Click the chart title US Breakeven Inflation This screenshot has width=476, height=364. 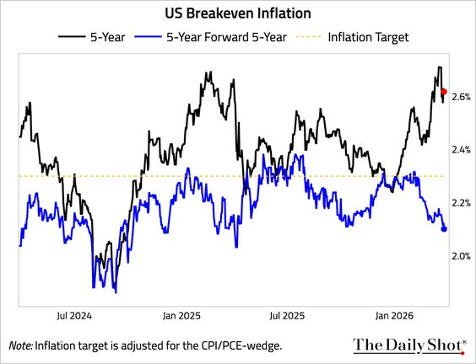[x=238, y=14]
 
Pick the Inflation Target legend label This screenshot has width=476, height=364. [x=368, y=36]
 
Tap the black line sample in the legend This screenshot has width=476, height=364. [x=72, y=36]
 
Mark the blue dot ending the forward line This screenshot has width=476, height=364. [x=445, y=228]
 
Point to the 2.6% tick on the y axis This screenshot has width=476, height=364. [x=462, y=97]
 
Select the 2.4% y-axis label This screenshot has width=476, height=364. [x=462, y=150]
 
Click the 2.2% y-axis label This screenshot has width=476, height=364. [x=462, y=203]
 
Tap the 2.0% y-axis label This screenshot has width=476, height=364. [x=462, y=256]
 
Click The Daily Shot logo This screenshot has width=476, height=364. [x=408, y=345]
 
